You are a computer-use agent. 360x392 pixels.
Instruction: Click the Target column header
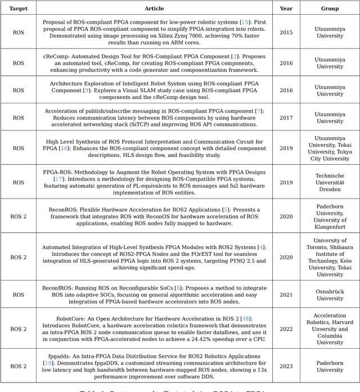click(19, 8)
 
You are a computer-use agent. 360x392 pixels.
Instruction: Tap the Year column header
click(286, 8)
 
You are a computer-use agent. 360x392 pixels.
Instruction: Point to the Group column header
click(330, 8)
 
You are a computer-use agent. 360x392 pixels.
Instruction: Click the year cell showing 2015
click(286, 32)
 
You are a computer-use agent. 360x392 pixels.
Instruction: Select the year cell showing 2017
click(286, 117)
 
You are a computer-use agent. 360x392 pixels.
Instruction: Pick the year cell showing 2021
click(286, 295)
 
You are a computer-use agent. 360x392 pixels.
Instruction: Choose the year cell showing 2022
click(286, 329)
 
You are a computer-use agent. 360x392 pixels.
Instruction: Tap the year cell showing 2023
click(286, 366)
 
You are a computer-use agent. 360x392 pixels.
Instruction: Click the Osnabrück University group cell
click(330, 295)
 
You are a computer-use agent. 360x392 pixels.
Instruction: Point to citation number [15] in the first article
click(245, 22)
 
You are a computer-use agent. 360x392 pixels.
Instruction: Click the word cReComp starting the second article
click(55, 57)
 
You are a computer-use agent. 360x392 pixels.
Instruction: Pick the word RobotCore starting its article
click(71, 318)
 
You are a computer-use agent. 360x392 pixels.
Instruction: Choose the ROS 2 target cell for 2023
click(19, 366)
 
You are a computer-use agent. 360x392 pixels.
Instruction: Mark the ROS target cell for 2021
click(19, 295)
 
